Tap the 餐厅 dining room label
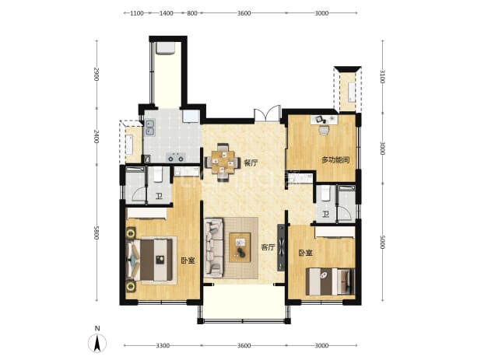click(x=251, y=163)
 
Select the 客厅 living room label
click(x=268, y=247)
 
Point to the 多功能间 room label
click(x=335, y=159)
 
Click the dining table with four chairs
click(x=223, y=162)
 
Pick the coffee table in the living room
click(x=240, y=247)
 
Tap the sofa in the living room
click(x=214, y=247)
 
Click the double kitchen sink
click(x=149, y=128)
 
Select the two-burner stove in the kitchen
click(x=176, y=158)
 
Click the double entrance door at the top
click(x=267, y=114)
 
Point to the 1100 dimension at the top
click(x=137, y=13)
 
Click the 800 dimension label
click(x=192, y=13)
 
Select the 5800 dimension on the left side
click(x=97, y=232)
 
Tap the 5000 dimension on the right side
click(x=382, y=242)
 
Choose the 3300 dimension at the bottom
click(x=163, y=345)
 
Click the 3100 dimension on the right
click(x=382, y=76)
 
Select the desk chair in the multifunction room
click(x=323, y=130)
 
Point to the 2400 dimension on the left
click(x=97, y=136)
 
